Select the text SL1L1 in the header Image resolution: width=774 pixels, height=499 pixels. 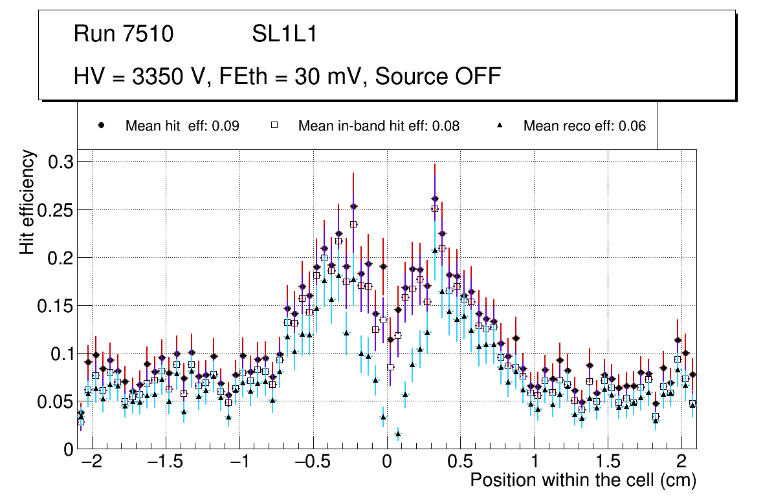[x=285, y=34]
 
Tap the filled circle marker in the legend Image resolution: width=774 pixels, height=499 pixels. [x=101, y=126]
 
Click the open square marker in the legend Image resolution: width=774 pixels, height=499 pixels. [x=274, y=126]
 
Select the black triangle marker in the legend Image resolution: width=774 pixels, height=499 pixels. [x=500, y=126]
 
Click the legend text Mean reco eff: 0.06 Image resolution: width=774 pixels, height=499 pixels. [x=584, y=126]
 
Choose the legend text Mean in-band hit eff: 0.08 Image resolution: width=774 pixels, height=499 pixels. [x=379, y=126]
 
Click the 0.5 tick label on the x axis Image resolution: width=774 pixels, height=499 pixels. [x=459, y=462]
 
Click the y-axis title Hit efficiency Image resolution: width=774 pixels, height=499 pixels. [x=28, y=202]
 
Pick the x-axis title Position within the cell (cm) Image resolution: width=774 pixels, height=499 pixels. [x=582, y=481]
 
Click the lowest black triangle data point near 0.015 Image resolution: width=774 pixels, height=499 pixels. [x=398, y=434]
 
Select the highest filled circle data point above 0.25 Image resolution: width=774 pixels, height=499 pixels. [x=435, y=199]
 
